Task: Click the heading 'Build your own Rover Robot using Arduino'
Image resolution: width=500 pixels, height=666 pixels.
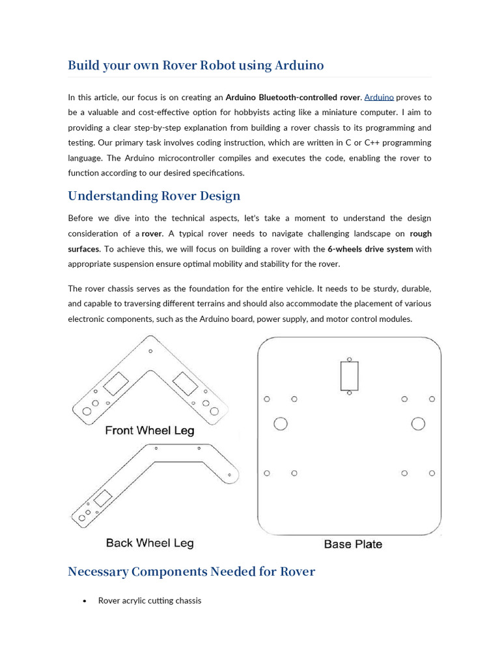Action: click(196, 66)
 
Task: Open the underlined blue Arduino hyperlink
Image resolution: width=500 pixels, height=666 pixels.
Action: click(379, 97)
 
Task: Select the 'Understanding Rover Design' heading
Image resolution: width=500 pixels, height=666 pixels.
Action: click(154, 196)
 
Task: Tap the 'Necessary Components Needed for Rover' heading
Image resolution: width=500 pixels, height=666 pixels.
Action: click(191, 572)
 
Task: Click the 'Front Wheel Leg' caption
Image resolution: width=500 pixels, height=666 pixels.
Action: click(150, 431)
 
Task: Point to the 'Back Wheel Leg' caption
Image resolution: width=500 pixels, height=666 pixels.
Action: click(150, 543)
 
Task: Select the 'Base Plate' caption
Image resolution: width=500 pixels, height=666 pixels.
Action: click(353, 544)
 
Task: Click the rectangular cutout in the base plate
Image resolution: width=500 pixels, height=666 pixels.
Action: click(349, 376)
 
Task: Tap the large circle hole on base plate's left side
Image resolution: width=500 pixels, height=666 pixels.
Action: click(281, 424)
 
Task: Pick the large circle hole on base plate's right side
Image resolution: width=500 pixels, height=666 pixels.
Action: click(418, 424)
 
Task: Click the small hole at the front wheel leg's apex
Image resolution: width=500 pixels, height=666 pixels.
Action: click(150, 351)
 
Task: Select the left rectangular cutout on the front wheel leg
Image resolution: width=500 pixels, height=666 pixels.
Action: click(117, 384)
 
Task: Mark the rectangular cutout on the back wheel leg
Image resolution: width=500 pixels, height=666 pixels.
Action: click(102, 500)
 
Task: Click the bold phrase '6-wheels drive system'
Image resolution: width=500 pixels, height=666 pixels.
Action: click(370, 249)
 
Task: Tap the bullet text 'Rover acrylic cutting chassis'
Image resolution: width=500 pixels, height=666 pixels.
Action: click(150, 600)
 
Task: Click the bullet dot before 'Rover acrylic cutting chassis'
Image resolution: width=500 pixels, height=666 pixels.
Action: click(85, 601)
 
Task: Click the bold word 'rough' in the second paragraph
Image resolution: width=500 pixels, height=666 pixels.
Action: click(421, 233)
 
